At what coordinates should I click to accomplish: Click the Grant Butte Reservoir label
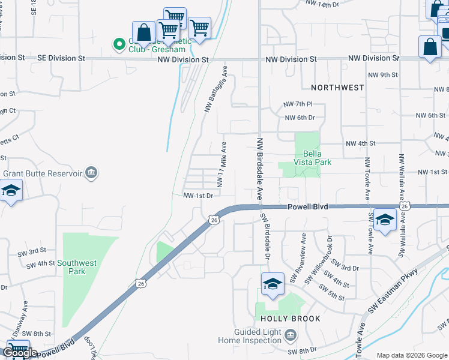coord(42,173)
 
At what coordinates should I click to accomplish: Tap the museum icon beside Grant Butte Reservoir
coord(91,173)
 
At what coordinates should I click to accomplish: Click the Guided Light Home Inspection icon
coord(291,334)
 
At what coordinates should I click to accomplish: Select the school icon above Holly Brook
coord(273,283)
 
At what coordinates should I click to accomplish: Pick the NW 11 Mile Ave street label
coord(222,165)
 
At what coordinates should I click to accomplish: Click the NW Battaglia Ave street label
coord(216,89)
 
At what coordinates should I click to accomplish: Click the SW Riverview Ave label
coord(298,259)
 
